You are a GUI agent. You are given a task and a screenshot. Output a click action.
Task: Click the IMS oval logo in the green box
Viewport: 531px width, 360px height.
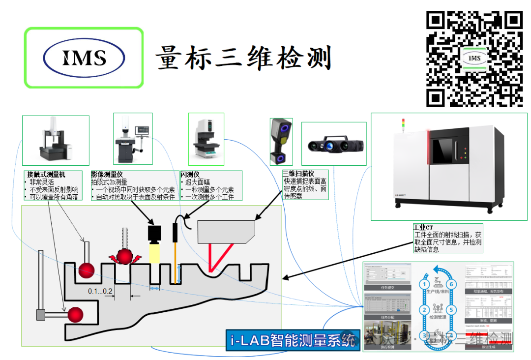point(84,58)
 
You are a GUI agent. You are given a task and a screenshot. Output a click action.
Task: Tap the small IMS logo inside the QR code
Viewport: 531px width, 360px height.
point(474,59)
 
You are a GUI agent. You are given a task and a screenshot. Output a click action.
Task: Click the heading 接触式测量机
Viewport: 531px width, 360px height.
point(47,175)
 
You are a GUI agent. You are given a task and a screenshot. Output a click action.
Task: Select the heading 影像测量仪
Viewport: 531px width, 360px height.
point(107,175)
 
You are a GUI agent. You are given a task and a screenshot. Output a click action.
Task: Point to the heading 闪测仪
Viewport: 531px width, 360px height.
point(190,175)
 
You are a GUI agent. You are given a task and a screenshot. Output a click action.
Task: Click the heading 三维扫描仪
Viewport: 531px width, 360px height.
point(298,174)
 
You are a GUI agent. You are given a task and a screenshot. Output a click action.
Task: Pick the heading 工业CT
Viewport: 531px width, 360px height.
point(423,228)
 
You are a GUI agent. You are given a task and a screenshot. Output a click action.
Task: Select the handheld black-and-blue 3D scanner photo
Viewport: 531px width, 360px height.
point(281,141)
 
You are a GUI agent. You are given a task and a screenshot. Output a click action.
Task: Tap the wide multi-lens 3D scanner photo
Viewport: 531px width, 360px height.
point(334,145)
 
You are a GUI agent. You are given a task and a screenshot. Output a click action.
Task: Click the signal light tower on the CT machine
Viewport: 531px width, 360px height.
point(404,124)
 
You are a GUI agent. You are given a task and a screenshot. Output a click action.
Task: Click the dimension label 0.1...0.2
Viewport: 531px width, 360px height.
point(100,291)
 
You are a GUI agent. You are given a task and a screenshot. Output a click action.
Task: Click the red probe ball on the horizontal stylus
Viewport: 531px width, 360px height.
point(76,314)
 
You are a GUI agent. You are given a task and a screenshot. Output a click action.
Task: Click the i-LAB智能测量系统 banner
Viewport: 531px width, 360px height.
point(293,340)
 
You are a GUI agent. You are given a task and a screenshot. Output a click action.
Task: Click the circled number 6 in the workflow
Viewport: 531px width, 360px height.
point(453,284)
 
